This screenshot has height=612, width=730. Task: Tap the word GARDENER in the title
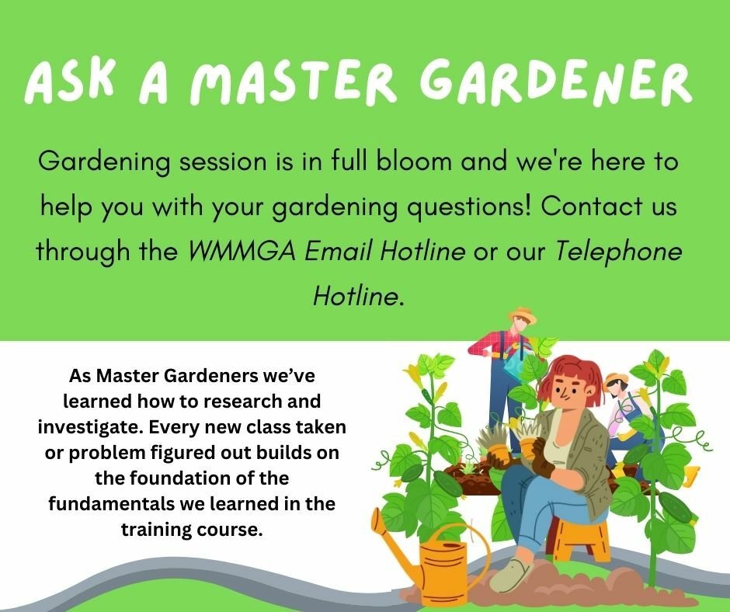556,82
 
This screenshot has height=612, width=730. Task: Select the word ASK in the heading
69,82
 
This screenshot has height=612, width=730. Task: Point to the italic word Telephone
619,252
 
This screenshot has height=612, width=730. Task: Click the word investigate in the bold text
91,427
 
